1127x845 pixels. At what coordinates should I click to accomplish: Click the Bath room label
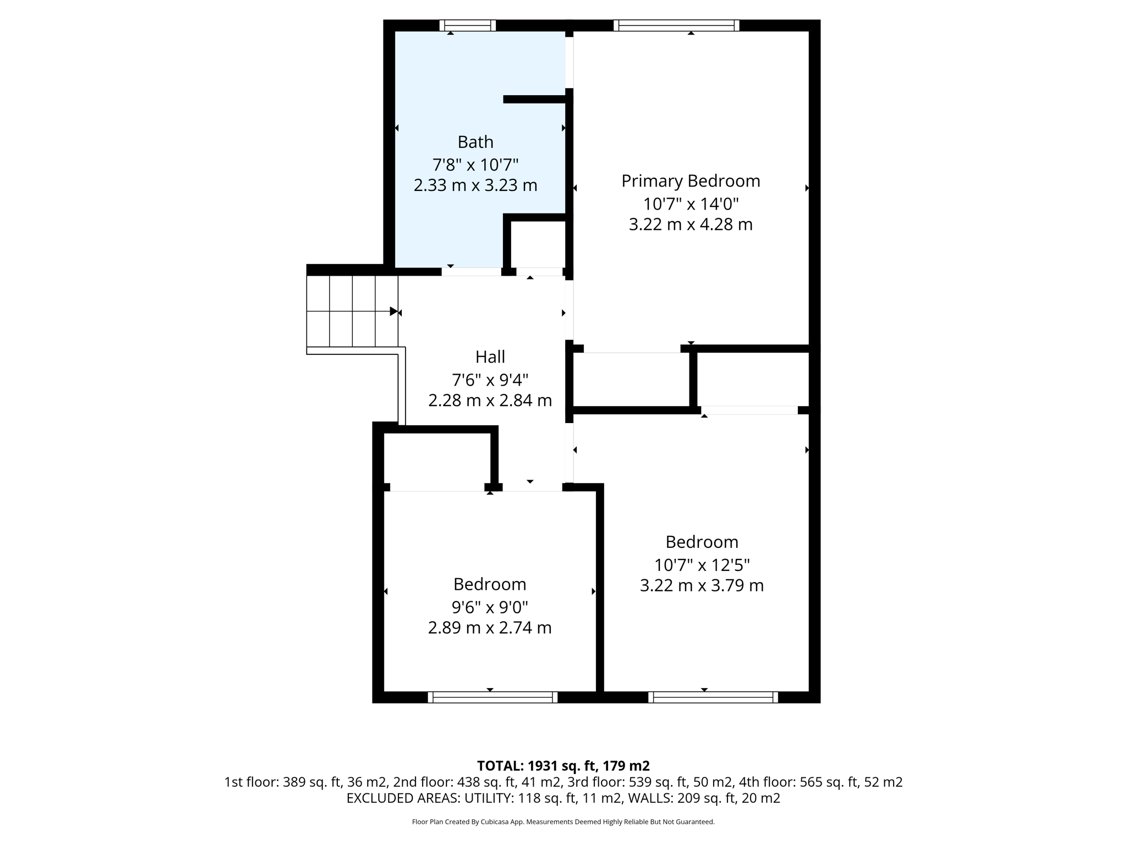(475, 142)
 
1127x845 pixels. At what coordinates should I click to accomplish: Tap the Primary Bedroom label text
(691, 181)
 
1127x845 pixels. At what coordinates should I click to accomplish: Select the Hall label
(490, 357)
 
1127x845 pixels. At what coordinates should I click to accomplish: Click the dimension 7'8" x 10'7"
(475, 164)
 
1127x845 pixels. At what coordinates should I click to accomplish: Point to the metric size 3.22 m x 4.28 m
(691, 224)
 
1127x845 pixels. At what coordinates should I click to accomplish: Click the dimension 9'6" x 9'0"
(490, 607)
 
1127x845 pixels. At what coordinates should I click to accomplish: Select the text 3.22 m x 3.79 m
(702, 585)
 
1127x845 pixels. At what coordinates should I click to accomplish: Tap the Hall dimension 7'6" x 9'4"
(490, 380)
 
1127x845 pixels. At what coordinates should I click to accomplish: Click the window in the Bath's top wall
(468, 25)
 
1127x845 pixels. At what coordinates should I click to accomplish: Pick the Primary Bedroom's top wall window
(676, 25)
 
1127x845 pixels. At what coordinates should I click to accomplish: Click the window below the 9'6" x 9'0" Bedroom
(493, 697)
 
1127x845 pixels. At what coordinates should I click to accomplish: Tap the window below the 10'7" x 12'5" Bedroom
(713, 697)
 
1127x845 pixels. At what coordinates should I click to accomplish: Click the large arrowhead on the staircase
(393, 311)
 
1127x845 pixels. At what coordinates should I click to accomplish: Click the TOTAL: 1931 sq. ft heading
(563, 766)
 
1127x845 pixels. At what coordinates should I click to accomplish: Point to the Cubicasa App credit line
(563, 822)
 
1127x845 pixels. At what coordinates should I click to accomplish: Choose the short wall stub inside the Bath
(534, 100)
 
